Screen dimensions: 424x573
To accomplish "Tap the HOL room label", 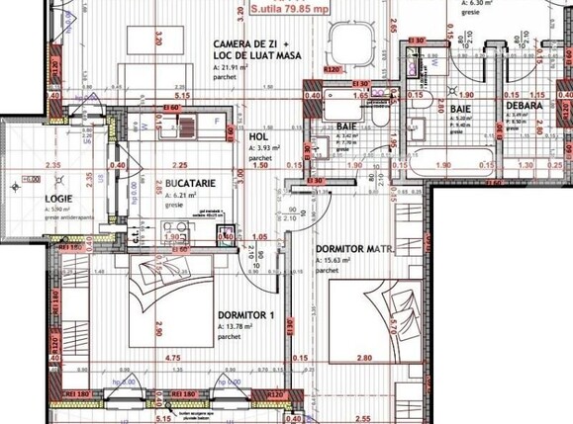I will coord(257,137).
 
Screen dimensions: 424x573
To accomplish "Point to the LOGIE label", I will coord(33,198).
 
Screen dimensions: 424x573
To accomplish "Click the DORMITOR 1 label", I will coord(246,315).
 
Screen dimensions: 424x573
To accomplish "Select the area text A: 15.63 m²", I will coord(340,261).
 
